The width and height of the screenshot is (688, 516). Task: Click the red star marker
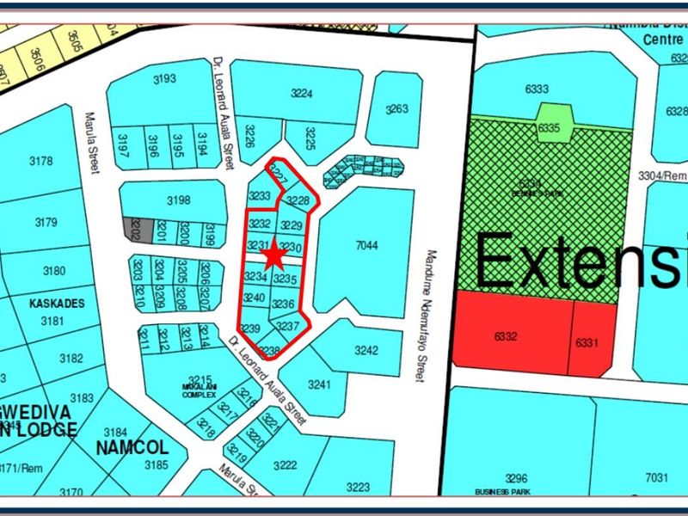coord(274,255)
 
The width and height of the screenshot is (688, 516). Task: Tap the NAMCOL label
coord(132,448)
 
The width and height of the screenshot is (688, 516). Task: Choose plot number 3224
coord(300,95)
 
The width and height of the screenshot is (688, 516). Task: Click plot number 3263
coord(396,109)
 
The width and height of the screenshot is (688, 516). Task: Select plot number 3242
coord(366,350)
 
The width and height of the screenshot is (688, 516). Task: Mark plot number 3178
coord(40,161)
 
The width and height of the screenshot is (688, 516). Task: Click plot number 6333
coord(536,89)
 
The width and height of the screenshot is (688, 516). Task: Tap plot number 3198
coord(178,201)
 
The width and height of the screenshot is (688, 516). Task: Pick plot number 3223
coord(358,487)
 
